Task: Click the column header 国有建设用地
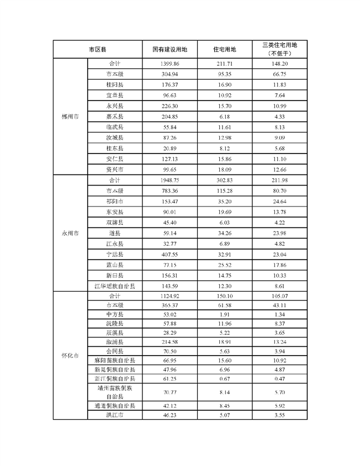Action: coord(170,50)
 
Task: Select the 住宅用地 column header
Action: coord(224,50)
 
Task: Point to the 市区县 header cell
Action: coord(98,50)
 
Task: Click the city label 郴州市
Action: coord(70,116)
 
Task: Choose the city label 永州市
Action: coord(70,233)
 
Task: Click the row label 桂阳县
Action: coord(115,84)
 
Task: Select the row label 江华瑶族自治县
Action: coord(115,286)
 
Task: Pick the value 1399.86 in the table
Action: coord(170,63)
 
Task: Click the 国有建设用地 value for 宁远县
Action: coord(170,254)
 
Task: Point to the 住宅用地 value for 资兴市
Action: coord(224,169)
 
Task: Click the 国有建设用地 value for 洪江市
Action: coord(170,414)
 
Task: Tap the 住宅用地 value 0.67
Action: coord(224,378)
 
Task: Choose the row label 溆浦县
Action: coord(115,342)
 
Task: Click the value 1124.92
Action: coord(170,296)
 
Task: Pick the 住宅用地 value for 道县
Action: coord(224,233)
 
